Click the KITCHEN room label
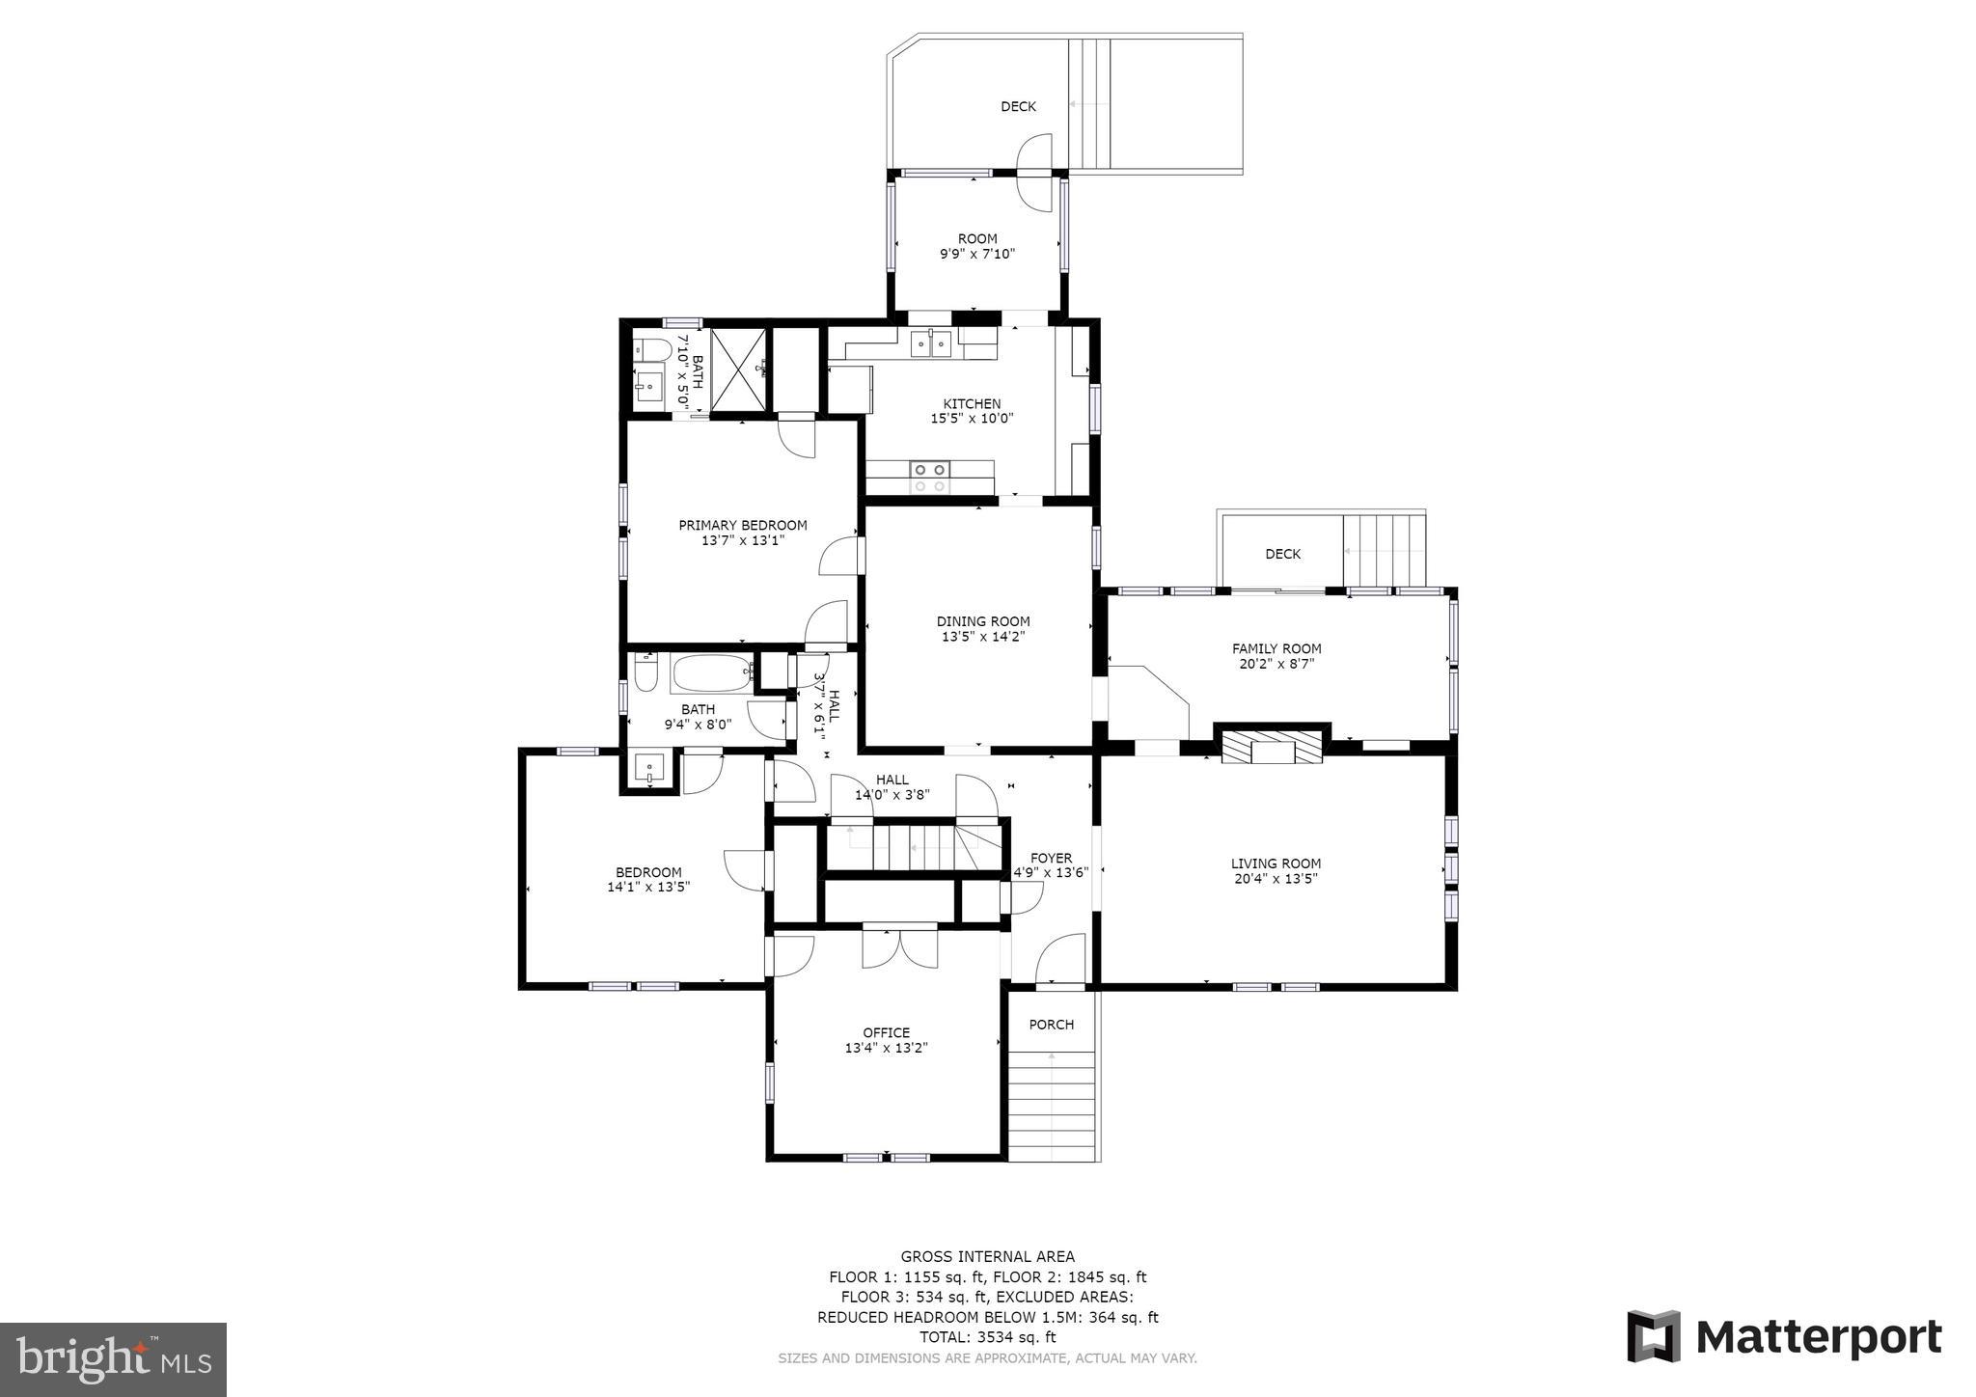pos(972,404)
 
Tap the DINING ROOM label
pos(983,622)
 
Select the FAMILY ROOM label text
pos(1276,649)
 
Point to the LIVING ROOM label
pos(1276,864)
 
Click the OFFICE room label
pos(886,1033)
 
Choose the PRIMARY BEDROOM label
pos(743,526)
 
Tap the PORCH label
pos(1052,1025)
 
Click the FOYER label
pos(1051,858)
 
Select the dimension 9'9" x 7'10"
pos(977,254)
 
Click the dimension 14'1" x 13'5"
pos(648,887)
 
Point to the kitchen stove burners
pos(930,478)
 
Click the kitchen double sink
pos(931,342)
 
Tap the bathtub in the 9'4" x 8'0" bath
pos(713,672)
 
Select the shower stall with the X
pos(740,369)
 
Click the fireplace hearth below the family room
pos(1273,747)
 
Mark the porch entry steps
pos(1052,1106)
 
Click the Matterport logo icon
pos(1654,1337)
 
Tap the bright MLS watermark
pos(114,1359)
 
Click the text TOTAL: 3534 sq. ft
pos(987,1337)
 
